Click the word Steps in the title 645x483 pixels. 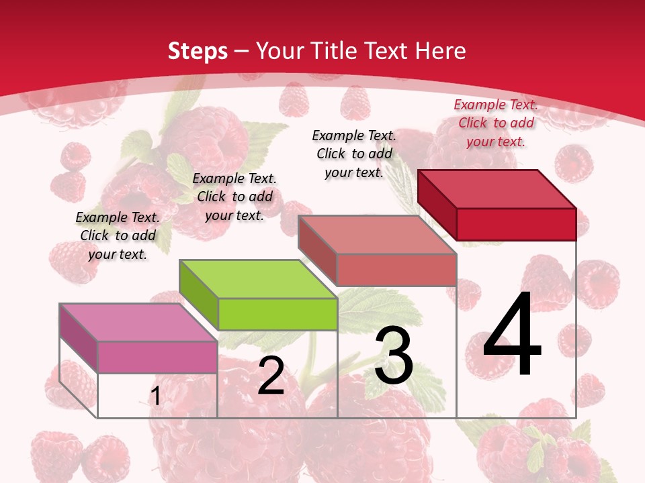(198, 51)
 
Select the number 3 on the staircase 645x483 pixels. (394, 355)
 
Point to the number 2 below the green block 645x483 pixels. (271, 376)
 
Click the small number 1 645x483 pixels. (156, 396)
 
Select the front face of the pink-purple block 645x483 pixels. (157, 357)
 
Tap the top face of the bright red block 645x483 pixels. (497, 189)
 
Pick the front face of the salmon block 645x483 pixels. (396, 270)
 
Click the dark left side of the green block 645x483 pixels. (199, 295)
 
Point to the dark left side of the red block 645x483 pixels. (437, 205)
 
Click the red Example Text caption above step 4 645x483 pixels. (496, 123)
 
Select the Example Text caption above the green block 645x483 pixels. (234, 197)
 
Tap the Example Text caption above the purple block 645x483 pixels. (118, 235)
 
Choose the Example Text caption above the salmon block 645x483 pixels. (354, 154)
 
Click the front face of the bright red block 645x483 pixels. (516, 224)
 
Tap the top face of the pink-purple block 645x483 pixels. (138, 322)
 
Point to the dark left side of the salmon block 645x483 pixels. (317, 250)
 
